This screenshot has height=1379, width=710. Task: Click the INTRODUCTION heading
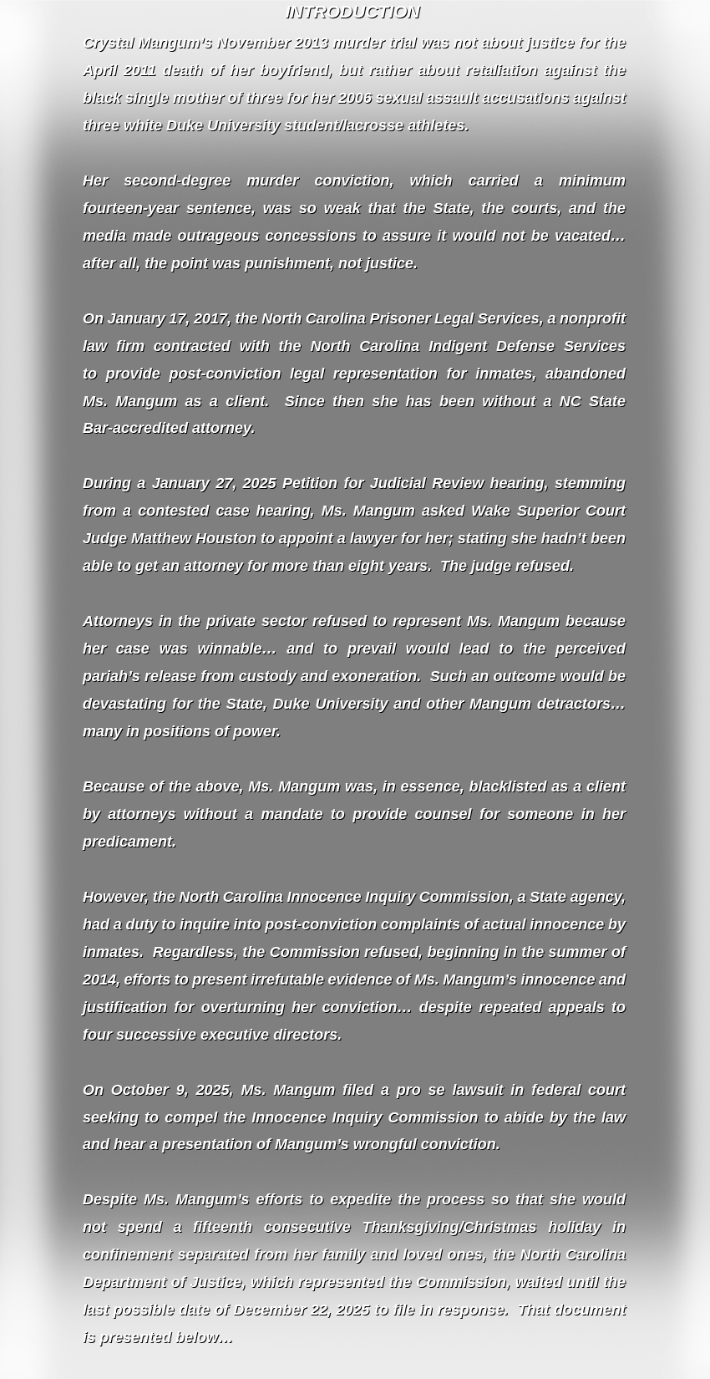[x=352, y=12]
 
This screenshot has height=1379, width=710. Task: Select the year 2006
[x=354, y=98]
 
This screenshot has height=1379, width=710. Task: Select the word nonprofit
[x=592, y=318]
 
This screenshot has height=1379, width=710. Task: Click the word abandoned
[x=584, y=374]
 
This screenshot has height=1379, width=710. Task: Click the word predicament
[x=129, y=842]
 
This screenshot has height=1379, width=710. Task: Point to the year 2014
[x=99, y=980]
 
